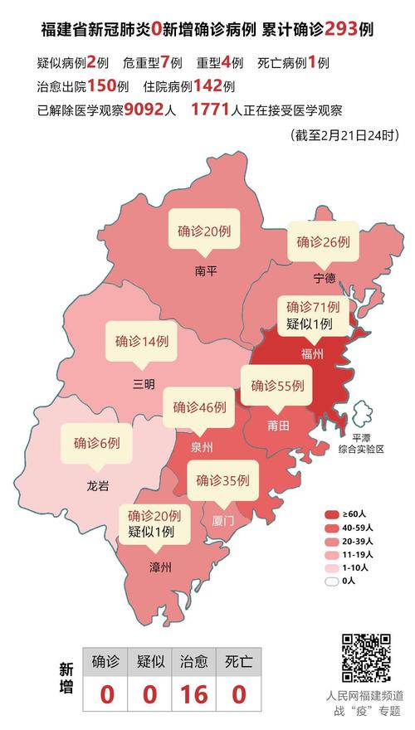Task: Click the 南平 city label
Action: point(205,270)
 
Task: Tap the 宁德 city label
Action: point(325,276)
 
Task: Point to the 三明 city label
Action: point(143,383)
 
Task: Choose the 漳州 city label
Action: point(160,567)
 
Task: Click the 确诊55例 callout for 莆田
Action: point(278,386)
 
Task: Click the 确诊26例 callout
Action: point(324,242)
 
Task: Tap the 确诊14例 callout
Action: point(142,340)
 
